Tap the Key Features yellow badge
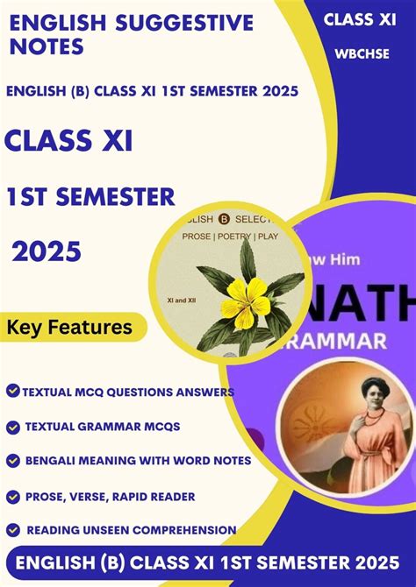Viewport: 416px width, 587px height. coord(69,329)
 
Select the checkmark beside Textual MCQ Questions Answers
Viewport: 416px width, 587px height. coord(12,391)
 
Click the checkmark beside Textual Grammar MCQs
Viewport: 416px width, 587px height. coord(12,427)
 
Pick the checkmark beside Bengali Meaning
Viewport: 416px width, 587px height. coord(12,460)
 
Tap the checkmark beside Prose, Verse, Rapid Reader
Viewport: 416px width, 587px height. coord(12,496)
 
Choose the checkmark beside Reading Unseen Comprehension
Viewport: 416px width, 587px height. coord(12,529)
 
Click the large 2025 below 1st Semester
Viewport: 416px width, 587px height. coord(47,252)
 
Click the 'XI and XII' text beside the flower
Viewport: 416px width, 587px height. coord(181,298)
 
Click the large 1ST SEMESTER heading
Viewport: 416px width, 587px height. coord(91,197)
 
